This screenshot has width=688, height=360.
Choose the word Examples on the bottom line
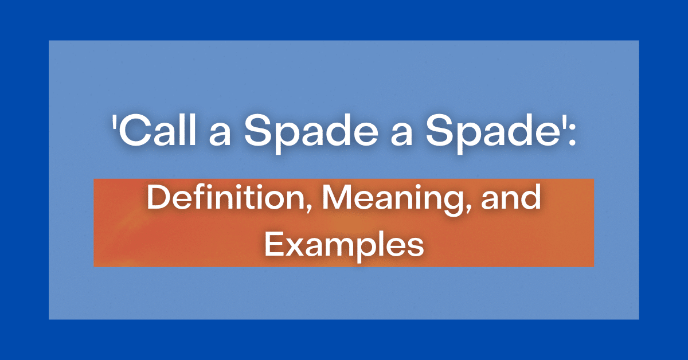[x=343, y=245]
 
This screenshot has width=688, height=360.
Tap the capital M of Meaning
[x=333, y=199]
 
